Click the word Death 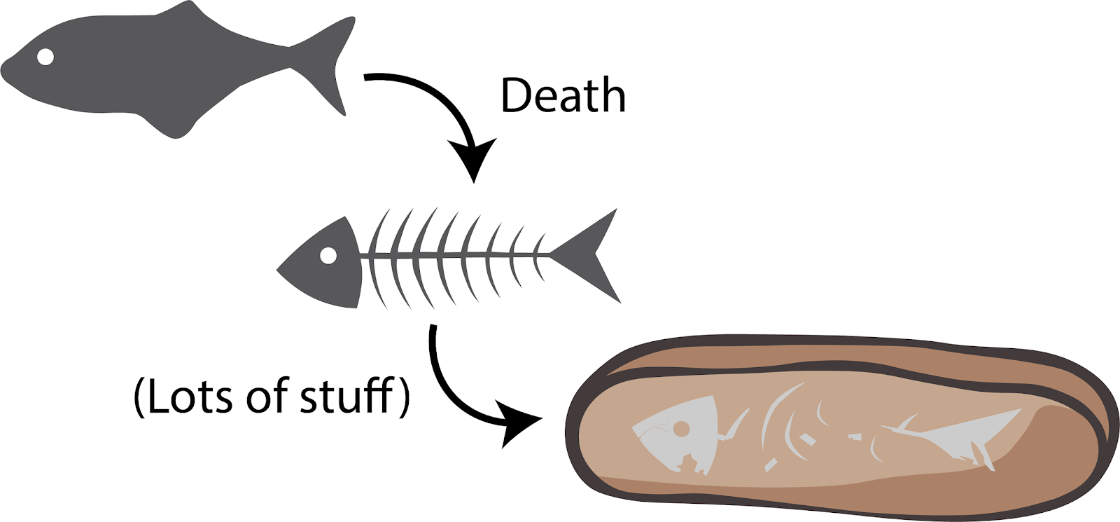[x=563, y=95]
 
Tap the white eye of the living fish [x=45, y=57]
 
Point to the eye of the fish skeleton [x=328, y=256]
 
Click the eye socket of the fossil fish [x=681, y=428]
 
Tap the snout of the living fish [x=7, y=71]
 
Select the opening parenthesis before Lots [x=139, y=397]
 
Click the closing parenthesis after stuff [x=403, y=397]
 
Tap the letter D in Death [x=515, y=95]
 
